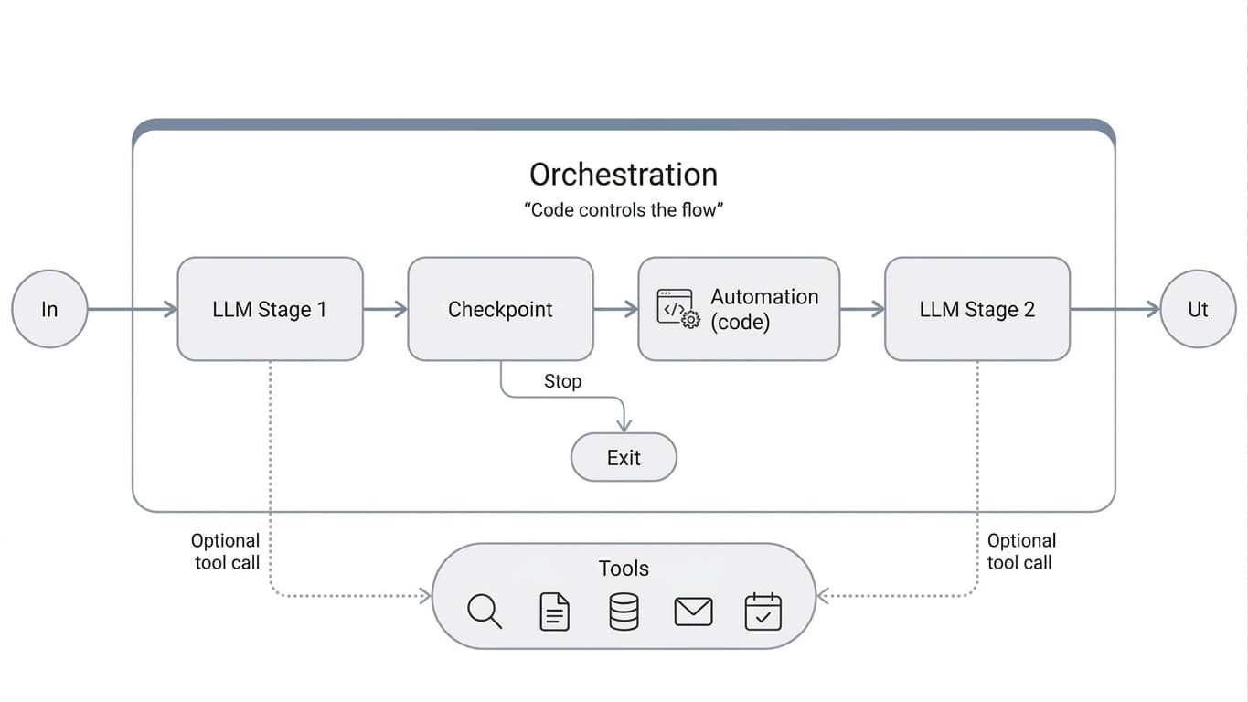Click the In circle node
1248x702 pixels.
[x=49, y=309]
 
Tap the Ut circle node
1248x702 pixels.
[x=1198, y=309]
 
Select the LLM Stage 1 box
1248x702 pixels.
[x=270, y=309]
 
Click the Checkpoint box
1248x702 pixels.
[x=500, y=309]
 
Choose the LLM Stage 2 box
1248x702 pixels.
[x=976, y=309]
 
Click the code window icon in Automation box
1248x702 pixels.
[x=677, y=308]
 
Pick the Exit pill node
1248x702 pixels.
[x=624, y=457]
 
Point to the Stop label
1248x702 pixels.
[x=562, y=381]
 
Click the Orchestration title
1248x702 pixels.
[x=624, y=174]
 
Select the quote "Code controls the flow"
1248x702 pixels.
[x=624, y=209]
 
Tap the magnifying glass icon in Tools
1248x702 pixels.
[x=484, y=611]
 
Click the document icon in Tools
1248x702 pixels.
[x=554, y=611]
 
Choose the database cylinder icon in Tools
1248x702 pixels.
[x=624, y=611]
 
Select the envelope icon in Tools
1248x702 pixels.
[x=693, y=611]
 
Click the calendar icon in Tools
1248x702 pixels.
[x=763, y=611]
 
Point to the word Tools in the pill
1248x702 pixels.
[x=624, y=568]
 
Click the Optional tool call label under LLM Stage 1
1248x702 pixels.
[x=226, y=551]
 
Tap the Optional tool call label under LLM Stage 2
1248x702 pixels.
[x=1021, y=551]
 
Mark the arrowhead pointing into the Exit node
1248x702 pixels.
[x=624, y=425]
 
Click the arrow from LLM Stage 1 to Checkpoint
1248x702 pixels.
[x=385, y=309]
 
